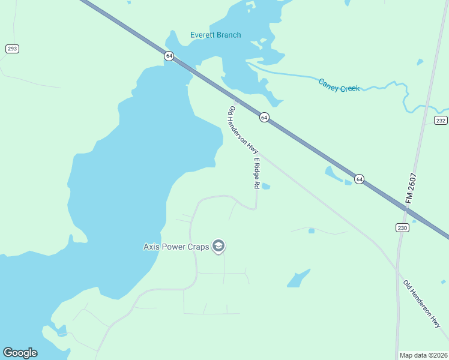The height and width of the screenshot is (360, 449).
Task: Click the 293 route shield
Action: tap(12, 49)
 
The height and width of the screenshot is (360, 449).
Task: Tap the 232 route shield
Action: tap(441, 121)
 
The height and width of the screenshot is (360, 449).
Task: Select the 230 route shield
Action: tap(402, 227)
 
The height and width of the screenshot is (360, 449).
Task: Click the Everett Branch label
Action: tap(215, 35)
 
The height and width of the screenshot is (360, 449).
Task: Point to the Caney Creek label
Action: tap(339, 85)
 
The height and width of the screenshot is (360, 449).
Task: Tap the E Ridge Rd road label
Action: tap(256, 173)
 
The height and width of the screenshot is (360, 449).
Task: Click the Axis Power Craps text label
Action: tap(176, 246)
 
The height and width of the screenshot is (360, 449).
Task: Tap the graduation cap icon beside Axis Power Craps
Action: tap(219, 246)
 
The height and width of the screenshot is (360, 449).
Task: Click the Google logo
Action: tap(20, 353)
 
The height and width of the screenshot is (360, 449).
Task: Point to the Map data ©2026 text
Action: tap(423, 355)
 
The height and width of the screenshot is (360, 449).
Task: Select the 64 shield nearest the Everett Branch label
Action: tap(169, 56)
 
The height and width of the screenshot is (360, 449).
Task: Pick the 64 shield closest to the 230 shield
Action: tap(359, 179)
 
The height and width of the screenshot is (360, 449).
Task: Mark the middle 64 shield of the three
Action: tap(264, 117)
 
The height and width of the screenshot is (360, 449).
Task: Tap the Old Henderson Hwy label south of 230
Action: tap(421, 304)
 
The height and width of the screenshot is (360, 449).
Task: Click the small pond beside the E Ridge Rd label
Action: tap(266, 186)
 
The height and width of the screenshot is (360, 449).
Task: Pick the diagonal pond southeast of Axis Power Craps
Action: tap(298, 278)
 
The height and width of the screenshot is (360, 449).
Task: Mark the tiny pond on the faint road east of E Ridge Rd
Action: tap(311, 230)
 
